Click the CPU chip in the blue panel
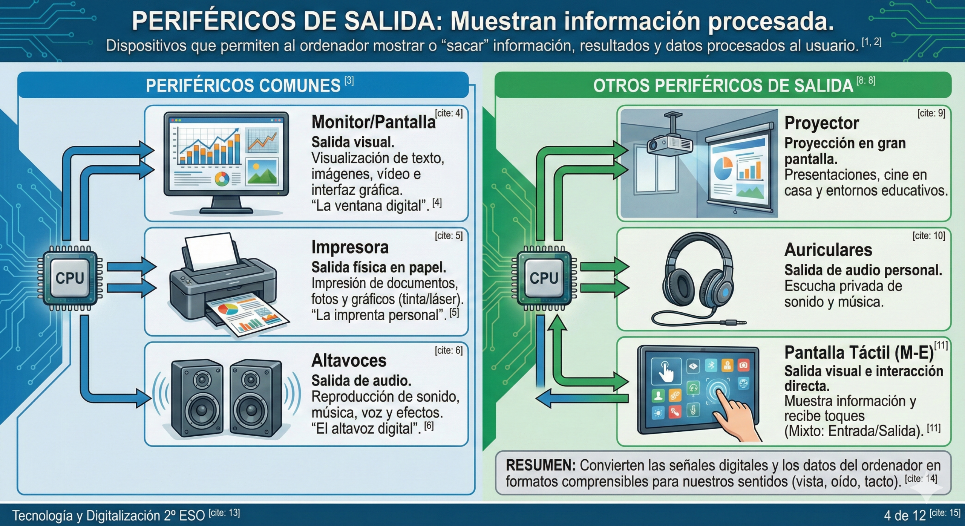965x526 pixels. [x=70, y=278]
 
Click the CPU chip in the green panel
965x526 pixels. [x=544, y=278]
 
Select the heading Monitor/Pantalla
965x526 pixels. [x=373, y=122]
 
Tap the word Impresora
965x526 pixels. [x=350, y=248]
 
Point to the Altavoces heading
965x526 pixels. [x=349, y=361]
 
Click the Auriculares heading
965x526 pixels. [x=828, y=250]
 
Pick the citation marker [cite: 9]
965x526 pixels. [x=931, y=113]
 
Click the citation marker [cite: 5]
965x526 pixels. [x=448, y=236]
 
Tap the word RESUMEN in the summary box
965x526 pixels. [x=540, y=466]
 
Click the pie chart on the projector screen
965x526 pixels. [x=723, y=168]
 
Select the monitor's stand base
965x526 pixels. [x=226, y=210]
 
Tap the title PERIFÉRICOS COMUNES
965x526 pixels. [x=243, y=86]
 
